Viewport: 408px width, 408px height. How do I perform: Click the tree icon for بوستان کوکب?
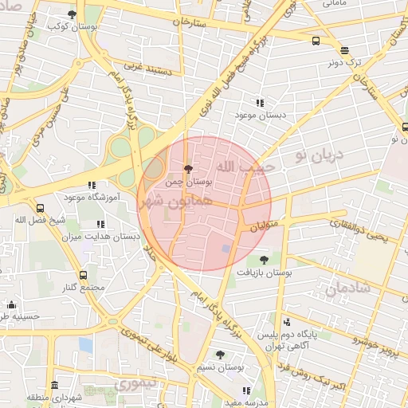tap(73, 14)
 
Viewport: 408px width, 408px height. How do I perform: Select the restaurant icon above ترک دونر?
tap(344, 49)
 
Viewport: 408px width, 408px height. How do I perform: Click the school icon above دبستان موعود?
tap(259, 103)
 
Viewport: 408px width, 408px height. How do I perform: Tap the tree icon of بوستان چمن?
tap(188, 169)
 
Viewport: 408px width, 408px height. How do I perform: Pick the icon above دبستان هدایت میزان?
tap(100, 225)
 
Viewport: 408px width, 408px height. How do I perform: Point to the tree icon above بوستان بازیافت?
tap(264, 259)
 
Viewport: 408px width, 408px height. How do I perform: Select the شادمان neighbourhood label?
tap(348, 288)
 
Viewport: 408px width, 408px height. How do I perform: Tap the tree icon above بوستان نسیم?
tap(221, 355)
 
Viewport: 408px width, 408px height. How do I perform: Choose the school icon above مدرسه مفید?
tap(246, 390)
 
